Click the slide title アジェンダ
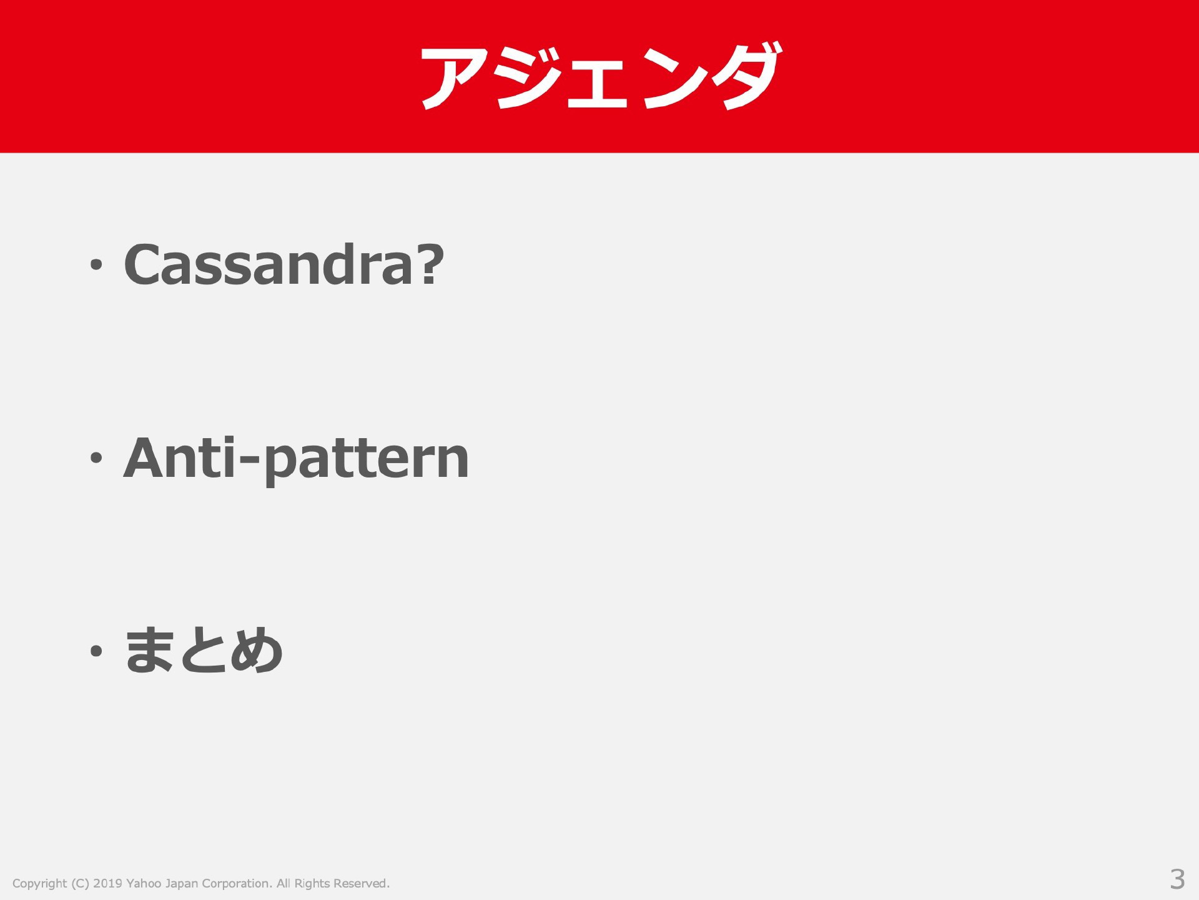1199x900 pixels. (x=600, y=76)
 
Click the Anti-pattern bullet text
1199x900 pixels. (x=296, y=460)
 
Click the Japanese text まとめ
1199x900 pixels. (x=204, y=650)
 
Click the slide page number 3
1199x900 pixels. (x=1177, y=879)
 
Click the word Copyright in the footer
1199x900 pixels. (x=39, y=884)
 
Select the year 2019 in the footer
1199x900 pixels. (x=107, y=883)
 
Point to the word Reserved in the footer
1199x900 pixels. (x=362, y=883)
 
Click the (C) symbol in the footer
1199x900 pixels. (x=80, y=884)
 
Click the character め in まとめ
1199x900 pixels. (x=257, y=650)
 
